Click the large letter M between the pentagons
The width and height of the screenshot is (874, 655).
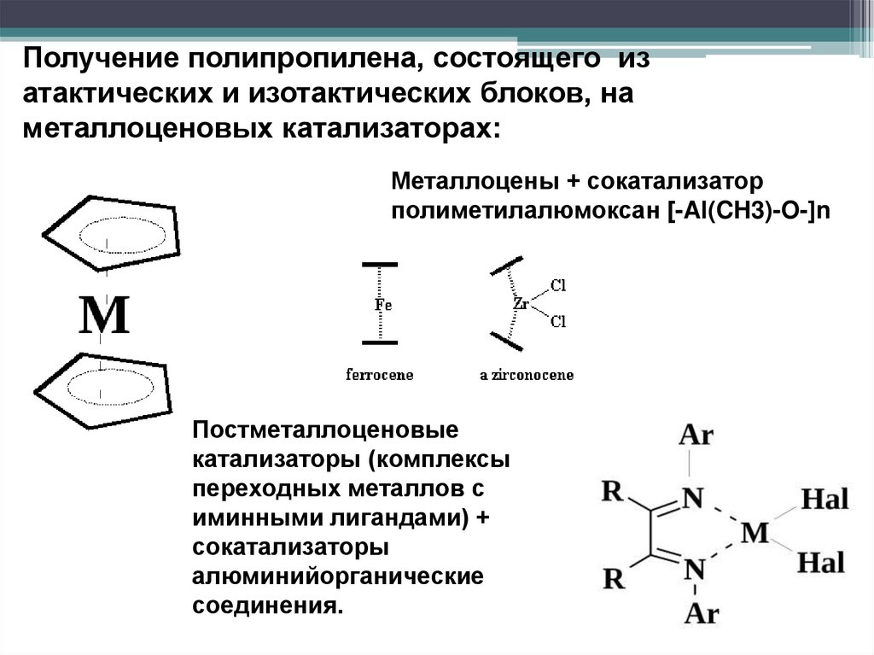tap(104, 316)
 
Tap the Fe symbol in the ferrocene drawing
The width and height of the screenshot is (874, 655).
tap(382, 304)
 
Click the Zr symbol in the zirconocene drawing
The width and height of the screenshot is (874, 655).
tap(521, 303)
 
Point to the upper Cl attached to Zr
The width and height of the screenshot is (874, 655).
tap(559, 284)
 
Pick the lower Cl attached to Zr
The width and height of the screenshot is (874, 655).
tap(559, 322)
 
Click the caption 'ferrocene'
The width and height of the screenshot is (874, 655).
tap(380, 375)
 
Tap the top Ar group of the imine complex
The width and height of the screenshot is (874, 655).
tap(696, 436)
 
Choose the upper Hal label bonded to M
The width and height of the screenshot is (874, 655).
tap(824, 499)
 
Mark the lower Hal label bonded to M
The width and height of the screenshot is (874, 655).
tap(821, 562)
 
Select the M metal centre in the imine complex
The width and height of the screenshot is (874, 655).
tap(755, 533)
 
